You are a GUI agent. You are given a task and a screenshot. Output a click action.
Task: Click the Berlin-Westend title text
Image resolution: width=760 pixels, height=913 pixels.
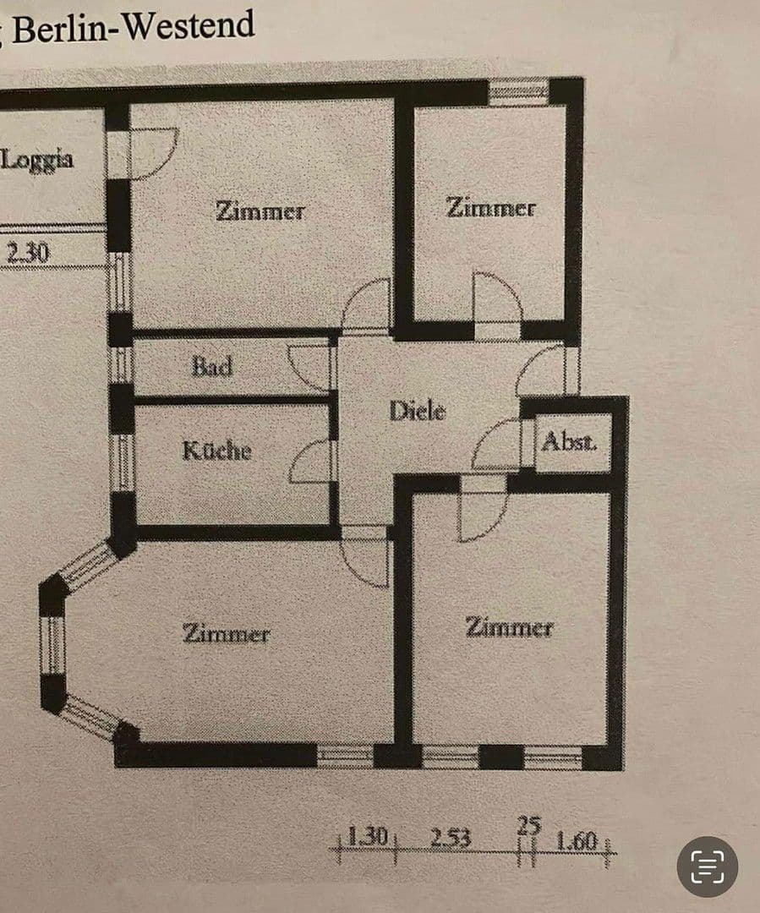tap(131, 28)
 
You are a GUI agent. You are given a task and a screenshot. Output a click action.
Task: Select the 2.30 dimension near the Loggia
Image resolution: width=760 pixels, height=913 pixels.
tap(27, 252)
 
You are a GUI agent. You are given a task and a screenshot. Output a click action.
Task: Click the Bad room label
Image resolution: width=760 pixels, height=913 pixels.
tap(211, 367)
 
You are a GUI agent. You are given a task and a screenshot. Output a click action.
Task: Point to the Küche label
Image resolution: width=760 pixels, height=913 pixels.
tap(216, 450)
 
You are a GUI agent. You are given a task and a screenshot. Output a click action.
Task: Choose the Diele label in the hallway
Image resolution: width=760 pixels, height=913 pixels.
tap(417, 412)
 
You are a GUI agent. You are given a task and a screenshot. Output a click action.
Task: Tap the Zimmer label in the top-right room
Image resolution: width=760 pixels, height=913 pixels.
tap(490, 208)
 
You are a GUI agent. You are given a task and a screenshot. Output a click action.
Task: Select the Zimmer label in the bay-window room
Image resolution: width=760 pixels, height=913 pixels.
tap(226, 633)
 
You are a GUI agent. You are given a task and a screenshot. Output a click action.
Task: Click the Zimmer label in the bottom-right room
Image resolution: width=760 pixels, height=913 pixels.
tap(509, 627)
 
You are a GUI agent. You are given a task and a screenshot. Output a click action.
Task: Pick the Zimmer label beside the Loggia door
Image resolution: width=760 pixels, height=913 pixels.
tap(259, 210)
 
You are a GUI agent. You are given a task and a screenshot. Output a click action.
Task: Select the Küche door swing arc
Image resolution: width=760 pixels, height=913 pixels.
tap(311, 462)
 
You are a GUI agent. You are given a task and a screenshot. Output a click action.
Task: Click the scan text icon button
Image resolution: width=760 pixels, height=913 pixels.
tap(707, 867)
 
